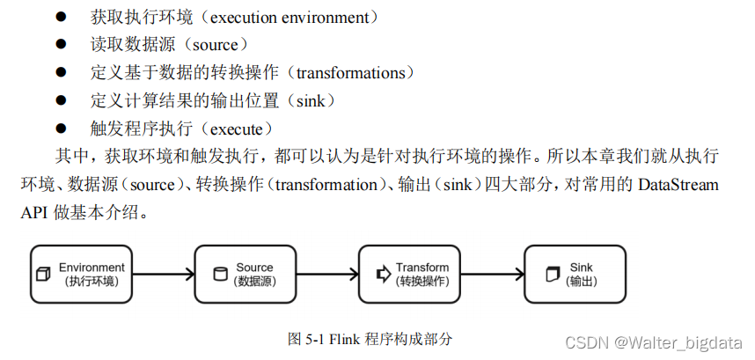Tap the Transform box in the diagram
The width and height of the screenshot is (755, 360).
point(410,273)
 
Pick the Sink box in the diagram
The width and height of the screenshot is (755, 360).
point(575,273)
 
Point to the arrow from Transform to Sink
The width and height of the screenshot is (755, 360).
point(492,274)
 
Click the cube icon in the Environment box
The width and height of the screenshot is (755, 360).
point(42,274)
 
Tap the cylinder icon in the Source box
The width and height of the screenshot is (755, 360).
point(219,274)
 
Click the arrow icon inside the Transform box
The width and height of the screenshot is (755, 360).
point(383,274)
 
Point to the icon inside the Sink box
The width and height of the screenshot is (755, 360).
point(552,274)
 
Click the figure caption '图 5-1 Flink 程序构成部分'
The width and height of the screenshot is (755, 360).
point(370,338)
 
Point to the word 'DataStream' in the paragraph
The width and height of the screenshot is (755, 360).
point(677,185)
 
